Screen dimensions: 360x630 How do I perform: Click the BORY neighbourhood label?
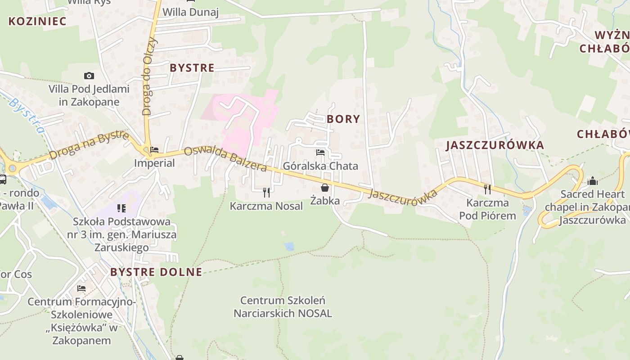click(343, 119)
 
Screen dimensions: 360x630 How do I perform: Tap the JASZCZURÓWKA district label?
click(495, 145)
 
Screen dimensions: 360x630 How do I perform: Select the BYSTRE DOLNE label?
click(156, 272)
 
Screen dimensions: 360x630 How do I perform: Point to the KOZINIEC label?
click(37, 21)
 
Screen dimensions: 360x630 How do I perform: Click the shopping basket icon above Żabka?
click(324, 188)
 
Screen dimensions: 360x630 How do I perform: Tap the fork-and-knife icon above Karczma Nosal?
click(266, 193)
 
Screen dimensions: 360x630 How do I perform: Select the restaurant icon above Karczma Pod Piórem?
click(487, 189)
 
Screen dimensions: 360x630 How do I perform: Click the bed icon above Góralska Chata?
click(320, 153)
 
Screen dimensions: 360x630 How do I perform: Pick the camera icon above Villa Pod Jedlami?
click(89, 76)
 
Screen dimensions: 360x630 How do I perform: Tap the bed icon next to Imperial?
click(154, 150)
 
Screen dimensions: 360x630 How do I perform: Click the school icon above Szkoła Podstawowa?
click(121, 208)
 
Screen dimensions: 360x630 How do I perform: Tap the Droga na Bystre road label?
click(89, 145)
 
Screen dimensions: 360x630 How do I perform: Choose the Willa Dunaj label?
click(190, 12)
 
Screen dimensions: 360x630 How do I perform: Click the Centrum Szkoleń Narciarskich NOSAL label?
click(283, 306)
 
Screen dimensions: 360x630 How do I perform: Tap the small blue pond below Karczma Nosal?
click(289, 246)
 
